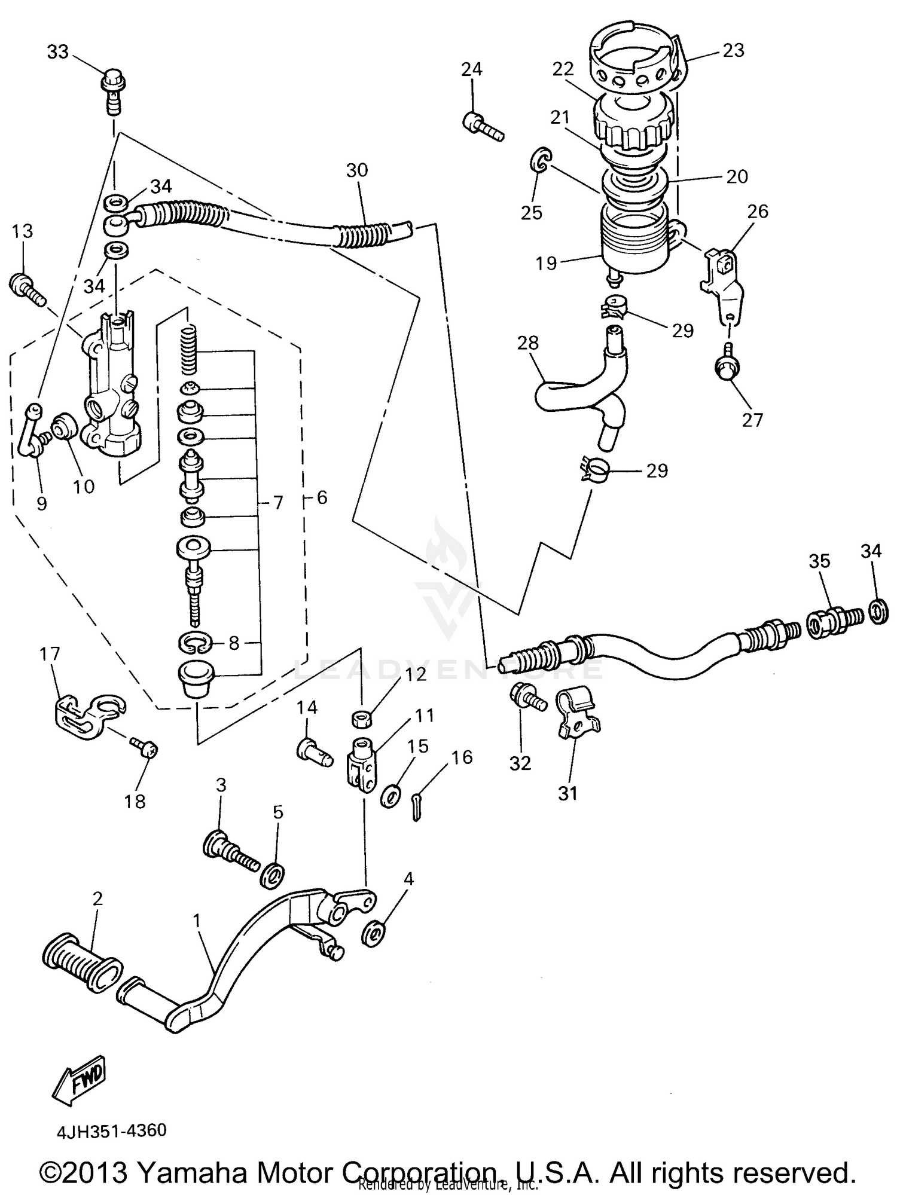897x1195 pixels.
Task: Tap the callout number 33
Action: coord(58,53)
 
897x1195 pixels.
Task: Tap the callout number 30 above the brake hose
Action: coord(357,170)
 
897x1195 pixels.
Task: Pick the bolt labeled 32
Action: coord(526,696)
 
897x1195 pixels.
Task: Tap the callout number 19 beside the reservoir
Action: coord(546,263)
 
